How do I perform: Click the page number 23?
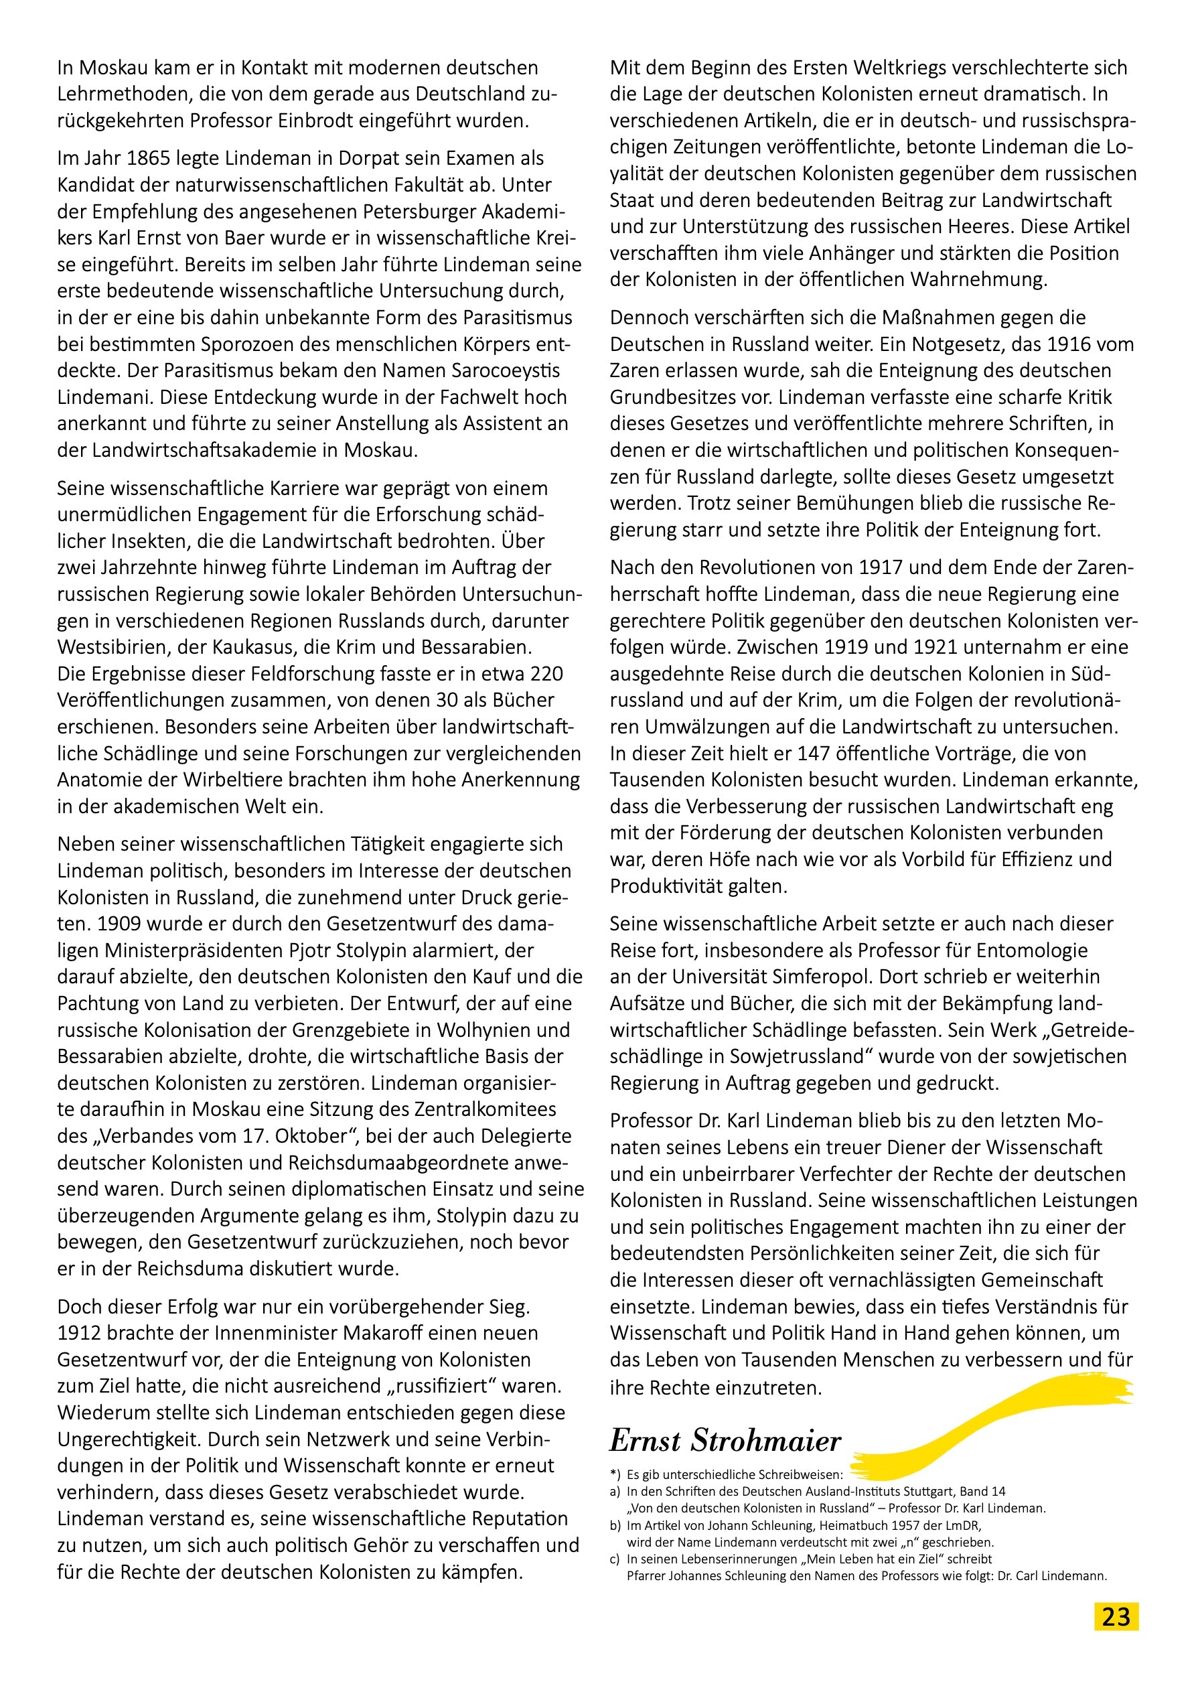pos(1116,1617)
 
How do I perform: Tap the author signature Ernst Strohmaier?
pos(725,1440)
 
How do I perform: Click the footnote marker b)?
pos(615,1525)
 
